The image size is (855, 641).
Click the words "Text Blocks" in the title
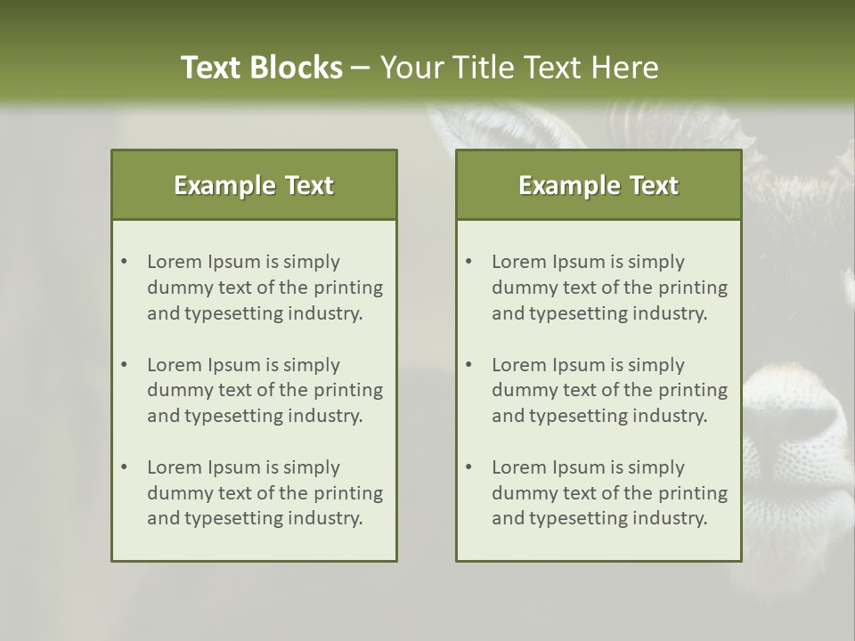pyautogui.click(x=261, y=68)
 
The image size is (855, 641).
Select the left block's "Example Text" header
pyautogui.click(x=254, y=185)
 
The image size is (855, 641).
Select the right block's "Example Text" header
pyautogui.click(x=598, y=185)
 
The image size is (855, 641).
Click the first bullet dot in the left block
pyautogui.click(x=125, y=262)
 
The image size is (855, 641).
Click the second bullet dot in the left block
pyautogui.click(x=125, y=365)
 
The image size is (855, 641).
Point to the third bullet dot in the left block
pyautogui.click(x=125, y=467)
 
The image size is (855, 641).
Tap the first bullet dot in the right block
pyautogui.click(x=469, y=262)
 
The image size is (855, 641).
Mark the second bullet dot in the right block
pyautogui.click(x=469, y=365)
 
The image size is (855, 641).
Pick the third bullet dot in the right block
pyautogui.click(x=469, y=467)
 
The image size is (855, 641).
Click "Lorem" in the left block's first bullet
pyautogui.click(x=174, y=262)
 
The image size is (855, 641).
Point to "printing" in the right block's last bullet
pyautogui.click(x=693, y=492)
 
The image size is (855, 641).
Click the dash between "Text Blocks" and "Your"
pyautogui.click(x=361, y=68)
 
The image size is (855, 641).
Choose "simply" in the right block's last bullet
pyautogui.click(x=656, y=467)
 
